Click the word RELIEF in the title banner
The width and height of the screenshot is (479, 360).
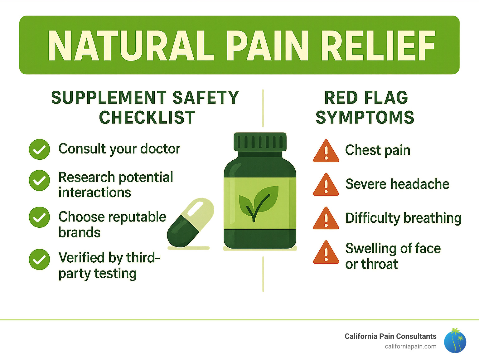[x=378, y=46]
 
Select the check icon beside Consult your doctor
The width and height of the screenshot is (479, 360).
[x=39, y=149]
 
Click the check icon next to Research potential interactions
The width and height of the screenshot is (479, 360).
[x=39, y=180]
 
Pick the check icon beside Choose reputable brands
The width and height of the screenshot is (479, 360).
[x=39, y=217]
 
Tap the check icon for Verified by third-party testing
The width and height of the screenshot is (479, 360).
[x=39, y=259]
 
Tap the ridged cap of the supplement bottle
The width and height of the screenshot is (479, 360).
[x=260, y=142]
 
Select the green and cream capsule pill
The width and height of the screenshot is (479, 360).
[x=191, y=222]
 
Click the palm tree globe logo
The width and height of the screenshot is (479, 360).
[x=455, y=341]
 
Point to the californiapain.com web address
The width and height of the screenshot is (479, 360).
[x=410, y=346]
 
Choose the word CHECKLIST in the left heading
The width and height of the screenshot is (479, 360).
[x=147, y=118]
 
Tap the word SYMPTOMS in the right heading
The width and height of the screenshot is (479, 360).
[x=365, y=118]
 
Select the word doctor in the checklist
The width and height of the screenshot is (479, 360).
[x=160, y=149]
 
